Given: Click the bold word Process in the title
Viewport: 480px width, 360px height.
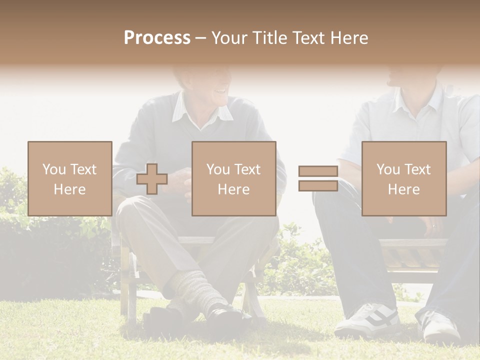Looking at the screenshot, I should coord(157,37).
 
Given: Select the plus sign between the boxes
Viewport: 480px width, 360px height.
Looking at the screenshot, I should coord(152,178).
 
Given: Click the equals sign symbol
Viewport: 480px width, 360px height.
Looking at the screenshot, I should coord(318,178).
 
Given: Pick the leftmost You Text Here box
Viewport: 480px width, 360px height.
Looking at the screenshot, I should coord(69,178).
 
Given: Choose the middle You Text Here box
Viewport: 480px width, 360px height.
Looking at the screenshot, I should coord(233,178).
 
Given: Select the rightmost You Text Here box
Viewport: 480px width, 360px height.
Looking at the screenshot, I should coord(403,178).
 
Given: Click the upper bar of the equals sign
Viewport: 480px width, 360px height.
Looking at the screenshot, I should coord(318,171).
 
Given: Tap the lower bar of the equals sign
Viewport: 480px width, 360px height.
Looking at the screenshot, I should coord(318,185).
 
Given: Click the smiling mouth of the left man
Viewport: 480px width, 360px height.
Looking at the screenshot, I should coord(219,92).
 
